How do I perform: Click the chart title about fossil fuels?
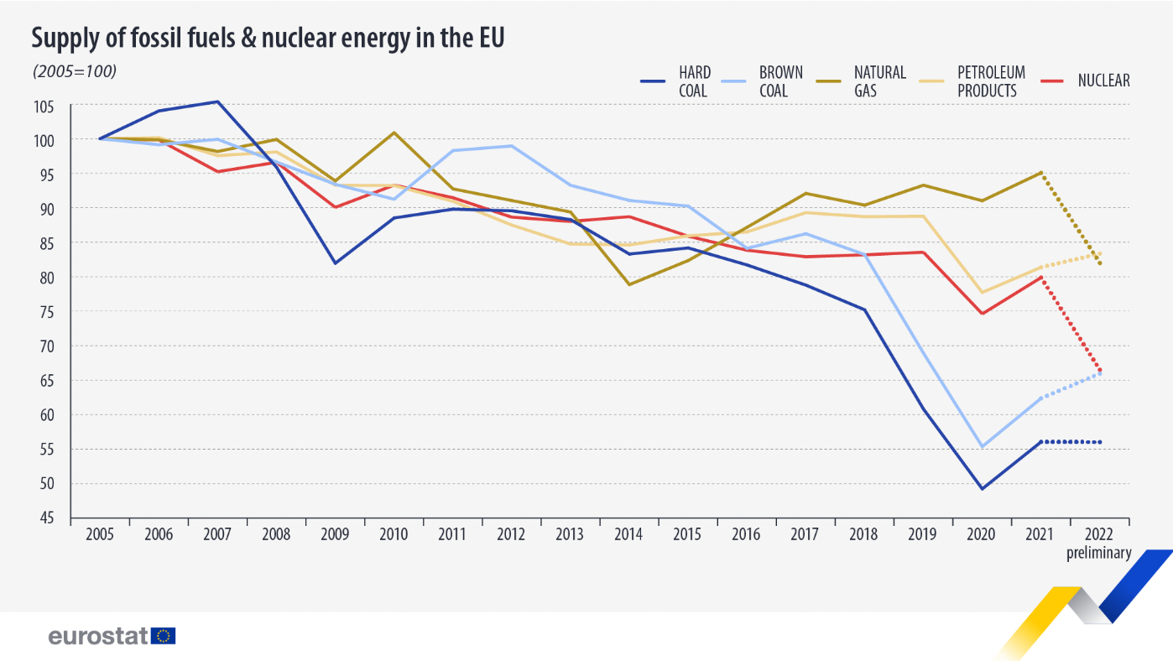coord(268,38)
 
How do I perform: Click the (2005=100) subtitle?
coord(74,71)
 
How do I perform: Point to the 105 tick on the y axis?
coord(44,106)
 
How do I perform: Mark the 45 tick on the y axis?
coord(44,518)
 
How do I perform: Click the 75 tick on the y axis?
coord(44,312)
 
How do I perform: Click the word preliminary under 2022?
coord(1099,553)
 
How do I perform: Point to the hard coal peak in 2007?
coord(218,101)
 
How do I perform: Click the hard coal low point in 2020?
coord(983,488)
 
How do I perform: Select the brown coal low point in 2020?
coord(983,446)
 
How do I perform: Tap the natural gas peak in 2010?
coord(394,133)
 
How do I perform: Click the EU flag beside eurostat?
coord(164,636)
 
